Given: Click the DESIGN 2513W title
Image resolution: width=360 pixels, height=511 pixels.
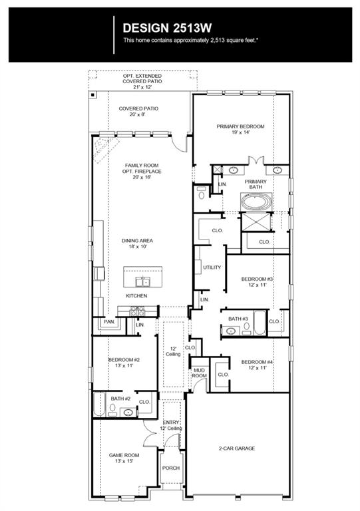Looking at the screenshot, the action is (167, 28).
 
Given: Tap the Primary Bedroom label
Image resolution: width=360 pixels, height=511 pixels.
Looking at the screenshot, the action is (240, 129).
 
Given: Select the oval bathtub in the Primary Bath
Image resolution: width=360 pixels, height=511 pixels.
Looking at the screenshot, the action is (256, 202).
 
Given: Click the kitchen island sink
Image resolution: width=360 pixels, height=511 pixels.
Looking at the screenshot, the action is (142, 281).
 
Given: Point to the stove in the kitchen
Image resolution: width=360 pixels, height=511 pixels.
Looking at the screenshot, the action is (137, 311).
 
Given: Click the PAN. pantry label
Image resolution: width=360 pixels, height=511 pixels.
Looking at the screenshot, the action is (109, 321).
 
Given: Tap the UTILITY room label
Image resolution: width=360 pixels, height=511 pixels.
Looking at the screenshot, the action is (212, 267).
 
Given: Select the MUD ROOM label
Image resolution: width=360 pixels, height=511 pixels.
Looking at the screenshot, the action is (199, 373).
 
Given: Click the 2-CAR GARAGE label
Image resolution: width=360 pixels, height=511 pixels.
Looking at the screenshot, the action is (237, 448).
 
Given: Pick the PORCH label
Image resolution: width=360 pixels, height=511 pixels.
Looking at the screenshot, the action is (171, 468).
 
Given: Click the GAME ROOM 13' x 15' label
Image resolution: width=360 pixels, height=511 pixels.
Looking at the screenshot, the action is (124, 458).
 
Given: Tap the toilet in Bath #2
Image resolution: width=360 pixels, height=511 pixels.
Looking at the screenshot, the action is (112, 410).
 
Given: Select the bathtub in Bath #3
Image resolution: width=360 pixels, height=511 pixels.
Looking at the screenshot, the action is (260, 323).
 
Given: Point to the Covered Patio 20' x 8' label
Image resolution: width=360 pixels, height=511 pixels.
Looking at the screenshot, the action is (138, 111).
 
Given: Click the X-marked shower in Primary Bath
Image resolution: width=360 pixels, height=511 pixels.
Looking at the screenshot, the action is (256, 222).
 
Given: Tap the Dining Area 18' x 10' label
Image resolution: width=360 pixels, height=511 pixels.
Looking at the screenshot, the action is (137, 244).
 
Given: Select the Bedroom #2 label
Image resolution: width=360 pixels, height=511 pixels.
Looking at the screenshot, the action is (124, 363).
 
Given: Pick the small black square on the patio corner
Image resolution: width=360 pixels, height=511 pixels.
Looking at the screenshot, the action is (93, 95).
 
